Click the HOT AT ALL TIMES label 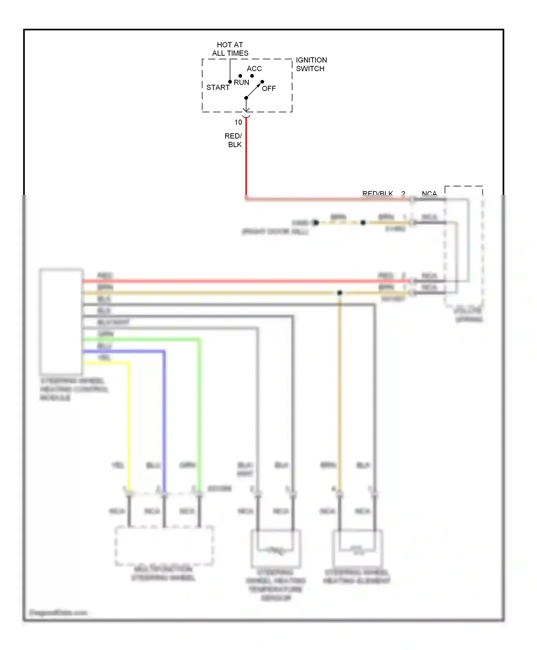(x=230, y=49)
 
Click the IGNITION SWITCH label (x=311, y=64)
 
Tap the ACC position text (x=254, y=68)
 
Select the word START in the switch (x=218, y=87)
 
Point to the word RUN (x=241, y=82)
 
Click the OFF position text (x=269, y=89)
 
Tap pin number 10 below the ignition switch (x=238, y=123)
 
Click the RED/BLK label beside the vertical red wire (x=234, y=140)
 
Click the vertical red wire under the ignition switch (x=246, y=161)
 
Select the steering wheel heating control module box (x=61, y=321)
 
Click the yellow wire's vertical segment (x=129, y=423)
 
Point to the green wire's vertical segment (x=199, y=412)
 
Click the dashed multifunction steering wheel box (x=164, y=546)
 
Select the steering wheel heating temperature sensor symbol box (x=276, y=548)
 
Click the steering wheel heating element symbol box (x=357, y=548)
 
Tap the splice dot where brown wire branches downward (x=340, y=293)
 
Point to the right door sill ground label (x=275, y=232)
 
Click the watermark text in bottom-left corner (x=58, y=612)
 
